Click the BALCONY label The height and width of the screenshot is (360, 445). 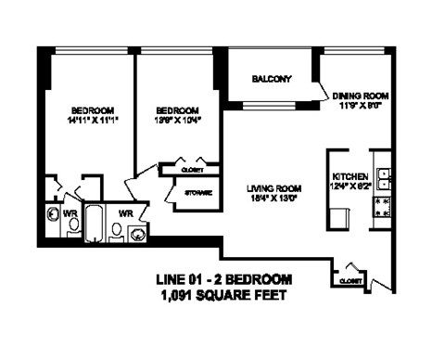(272, 79)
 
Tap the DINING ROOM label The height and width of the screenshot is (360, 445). (360, 96)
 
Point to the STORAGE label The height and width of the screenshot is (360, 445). (197, 192)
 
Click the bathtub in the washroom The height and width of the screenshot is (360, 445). (94, 223)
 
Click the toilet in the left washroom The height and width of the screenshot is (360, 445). (74, 225)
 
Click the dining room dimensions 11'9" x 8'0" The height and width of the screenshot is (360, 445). (360, 106)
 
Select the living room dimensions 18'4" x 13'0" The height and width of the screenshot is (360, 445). (275, 199)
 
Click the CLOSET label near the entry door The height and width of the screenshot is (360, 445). (350, 279)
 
